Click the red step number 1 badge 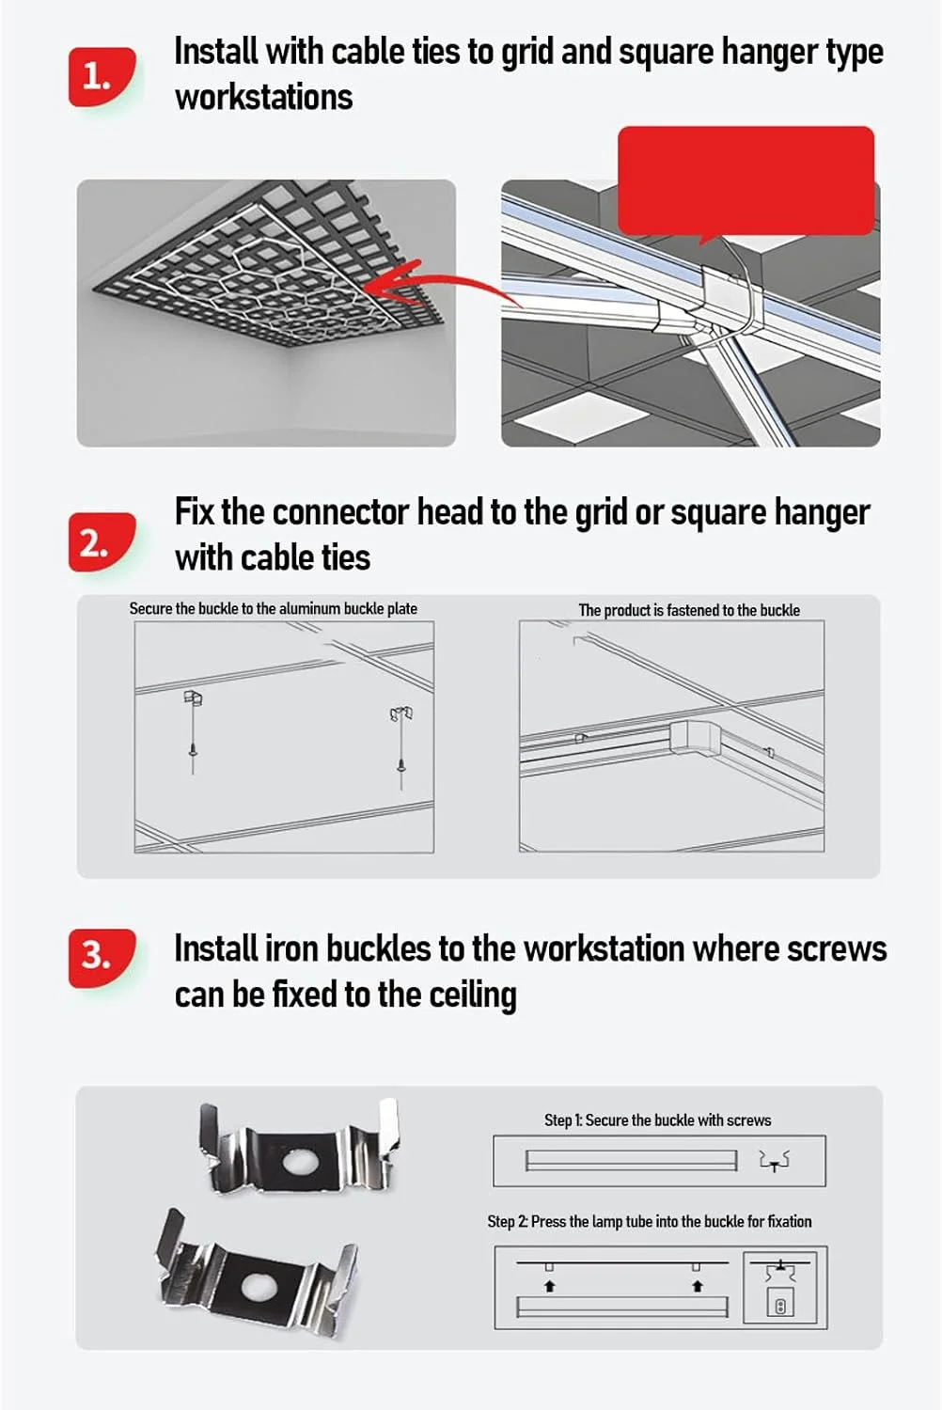point(102,77)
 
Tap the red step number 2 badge point(102,542)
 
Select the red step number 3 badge point(102,958)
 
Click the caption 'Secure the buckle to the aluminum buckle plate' point(274,609)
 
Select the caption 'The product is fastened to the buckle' point(689,610)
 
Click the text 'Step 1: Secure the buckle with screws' point(657,1120)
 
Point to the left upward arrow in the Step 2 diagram point(549,1287)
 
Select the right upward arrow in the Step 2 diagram point(697,1287)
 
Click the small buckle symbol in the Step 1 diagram point(775,1160)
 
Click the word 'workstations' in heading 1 point(264,98)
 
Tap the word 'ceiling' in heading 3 point(473,995)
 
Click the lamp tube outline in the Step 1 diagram point(631,1160)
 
